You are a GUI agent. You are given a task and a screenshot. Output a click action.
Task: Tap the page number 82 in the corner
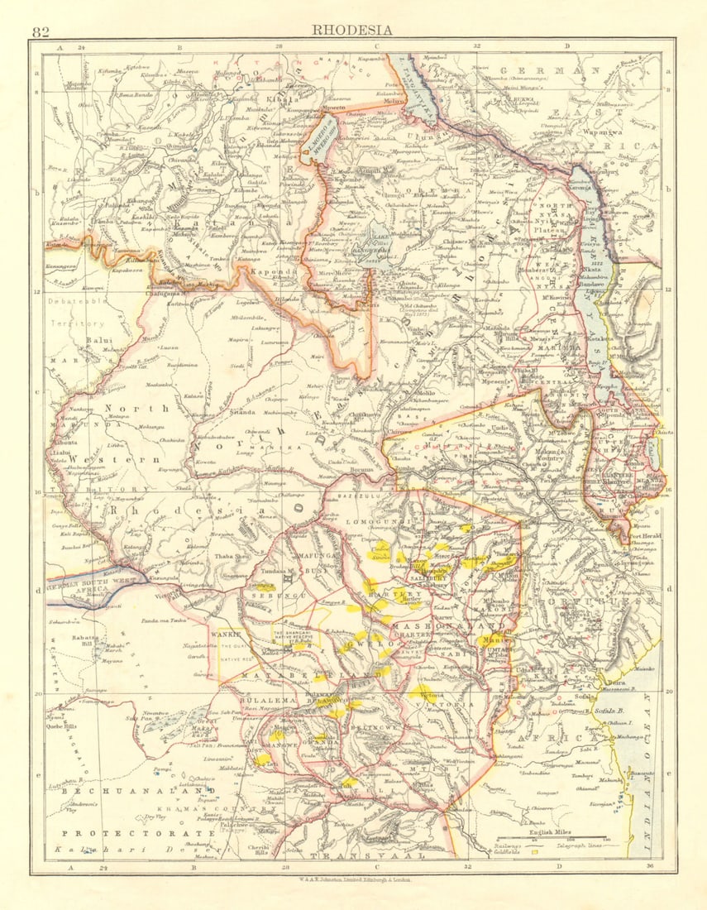point(40,32)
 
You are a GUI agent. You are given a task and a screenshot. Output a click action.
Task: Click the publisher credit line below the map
point(353,879)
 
